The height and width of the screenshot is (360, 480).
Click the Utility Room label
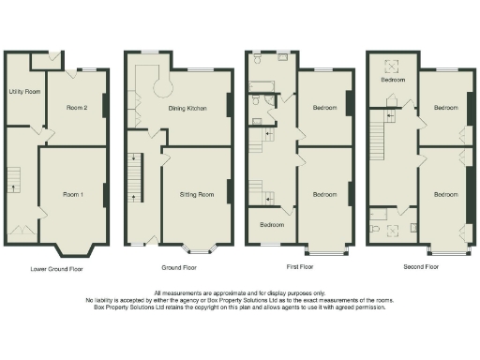click(x=24, y=92)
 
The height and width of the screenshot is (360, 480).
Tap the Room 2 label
click(x=77, y=108)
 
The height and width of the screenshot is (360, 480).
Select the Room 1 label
click(x=73, y=194)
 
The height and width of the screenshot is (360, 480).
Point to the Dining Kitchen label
click(x=188, y=108)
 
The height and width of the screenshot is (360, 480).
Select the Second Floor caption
click(x=421, y=268)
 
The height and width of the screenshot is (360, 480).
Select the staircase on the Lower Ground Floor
click(x=14, y=178)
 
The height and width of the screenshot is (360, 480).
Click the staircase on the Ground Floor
click(x=135, y=178)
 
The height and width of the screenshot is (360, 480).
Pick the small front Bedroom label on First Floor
click(x=272, y=225)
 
